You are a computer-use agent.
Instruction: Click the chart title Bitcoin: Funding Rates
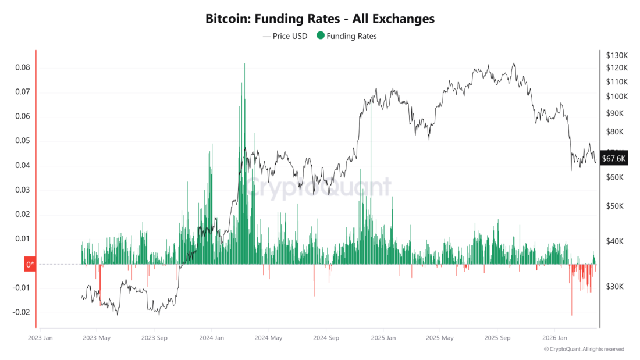click(319, 19)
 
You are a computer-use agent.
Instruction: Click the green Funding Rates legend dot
click(320, 36)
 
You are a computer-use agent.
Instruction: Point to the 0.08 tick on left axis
click(22, 67)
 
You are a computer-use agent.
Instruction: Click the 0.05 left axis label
click(22, 141)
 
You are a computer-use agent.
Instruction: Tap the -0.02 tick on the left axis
click(21, 312)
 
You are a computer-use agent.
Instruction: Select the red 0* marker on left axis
click(30, 265)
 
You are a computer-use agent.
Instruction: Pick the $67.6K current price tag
click(614, 158)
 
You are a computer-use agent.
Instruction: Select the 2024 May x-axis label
click(268, 337)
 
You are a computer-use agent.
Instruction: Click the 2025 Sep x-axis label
click(497, 337)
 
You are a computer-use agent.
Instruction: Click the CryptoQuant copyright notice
click(584, 349)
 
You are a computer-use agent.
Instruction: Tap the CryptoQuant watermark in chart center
click(317, 188)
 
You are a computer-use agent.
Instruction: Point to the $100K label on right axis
click(616, 96)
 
